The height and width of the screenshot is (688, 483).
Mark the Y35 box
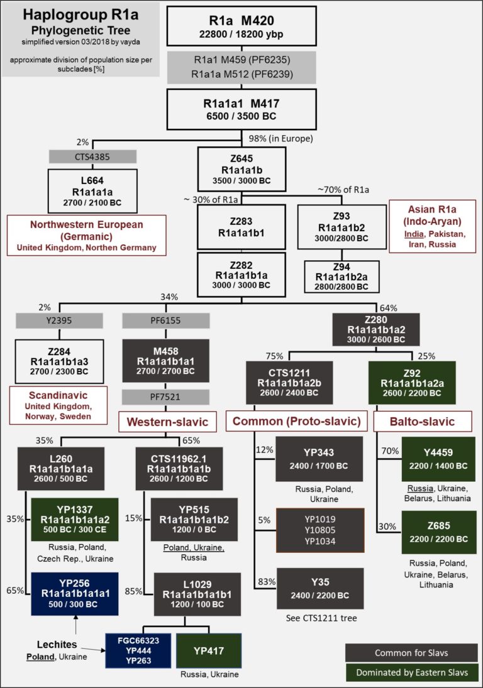320,588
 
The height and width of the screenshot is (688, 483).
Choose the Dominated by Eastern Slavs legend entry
411,673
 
